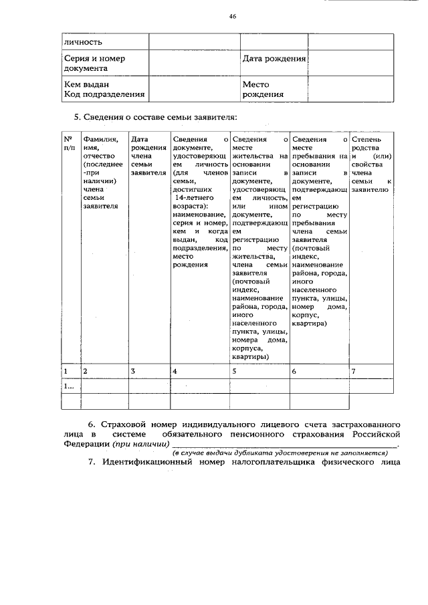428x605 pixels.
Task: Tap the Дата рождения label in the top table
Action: pyautogui.click(x=274, y=58)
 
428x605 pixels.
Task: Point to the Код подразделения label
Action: pyautogui.click(x=104, y=94)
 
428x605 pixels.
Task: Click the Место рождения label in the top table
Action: pyautogui.click(x=259, y=90)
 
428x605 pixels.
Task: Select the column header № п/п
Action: pyautogui.click(x=69, y=143)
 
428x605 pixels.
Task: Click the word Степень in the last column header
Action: pyautogui.click(x=366, y=139)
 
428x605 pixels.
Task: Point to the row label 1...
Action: pyautogui.click(x=69, y=386)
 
